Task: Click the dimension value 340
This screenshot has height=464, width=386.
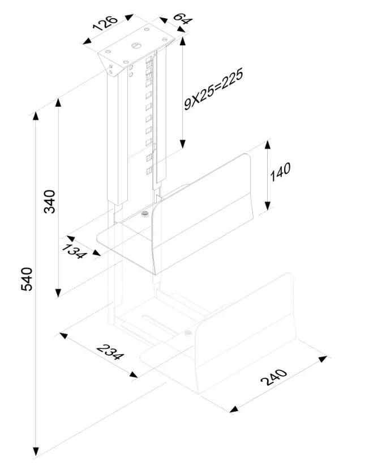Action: coord(50,201)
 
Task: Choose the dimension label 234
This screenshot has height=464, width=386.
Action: coord(110,352)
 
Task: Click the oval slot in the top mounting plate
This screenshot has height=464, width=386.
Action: coord(136,45)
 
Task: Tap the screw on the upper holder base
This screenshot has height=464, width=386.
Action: coord(145,214)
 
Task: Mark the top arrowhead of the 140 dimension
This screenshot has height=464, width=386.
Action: coord(267,144)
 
